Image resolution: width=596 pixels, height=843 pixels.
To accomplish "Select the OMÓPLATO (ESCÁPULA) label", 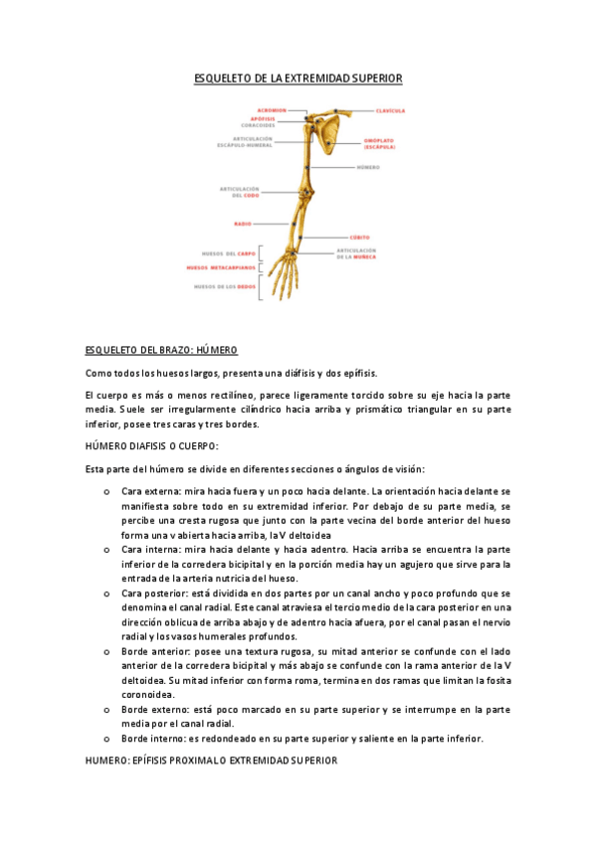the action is [x=377, y=144].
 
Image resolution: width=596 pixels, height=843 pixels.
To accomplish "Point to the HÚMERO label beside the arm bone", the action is [x=368, y=167].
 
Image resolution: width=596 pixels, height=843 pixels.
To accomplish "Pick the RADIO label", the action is [x=243, y=224].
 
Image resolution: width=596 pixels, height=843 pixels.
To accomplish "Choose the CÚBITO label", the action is [x=360, y=237].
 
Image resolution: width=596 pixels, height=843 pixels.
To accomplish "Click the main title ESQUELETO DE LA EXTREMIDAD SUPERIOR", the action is [x=298, y=78].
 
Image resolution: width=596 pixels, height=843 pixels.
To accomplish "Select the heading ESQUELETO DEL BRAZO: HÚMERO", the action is [x=161, y=351].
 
